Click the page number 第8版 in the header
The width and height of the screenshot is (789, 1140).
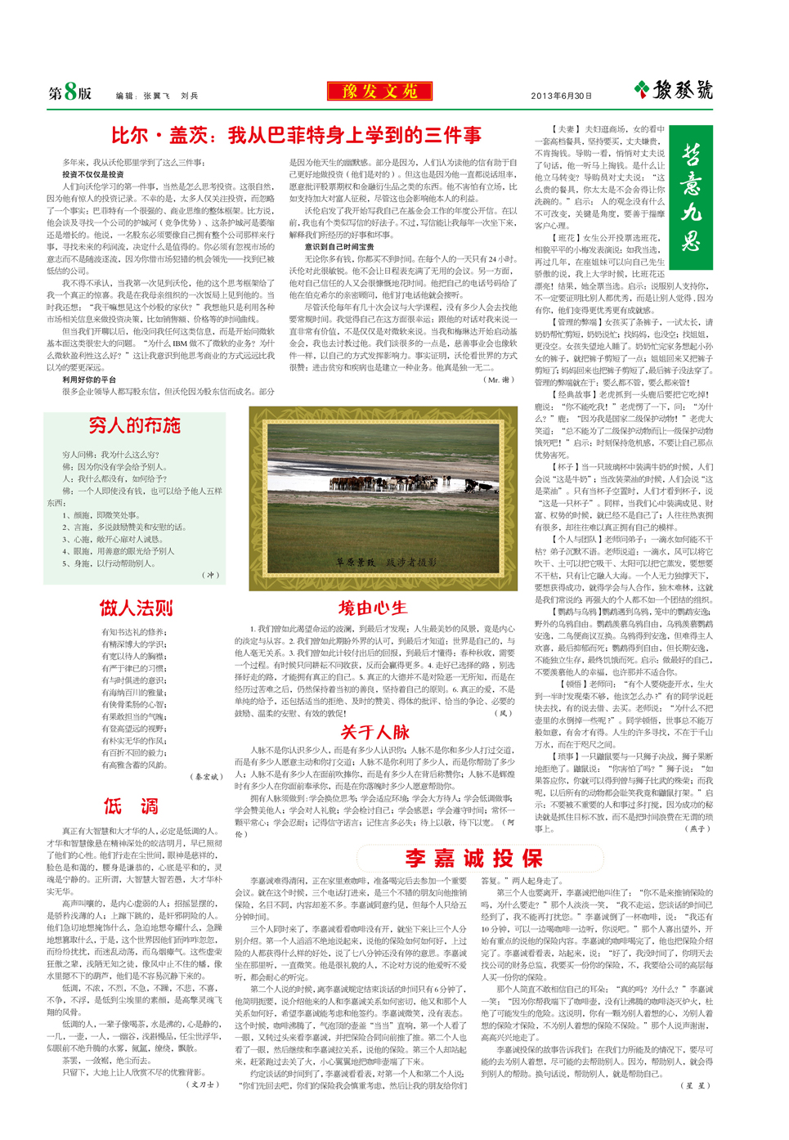point(69,92)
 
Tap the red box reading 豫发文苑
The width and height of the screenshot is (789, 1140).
point(379,91)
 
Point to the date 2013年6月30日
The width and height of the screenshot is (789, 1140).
point(561,96)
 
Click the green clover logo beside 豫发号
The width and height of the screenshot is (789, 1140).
point(642,89)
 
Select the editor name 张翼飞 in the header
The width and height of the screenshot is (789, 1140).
point(156,96)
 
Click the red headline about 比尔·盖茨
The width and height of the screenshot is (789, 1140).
point(296,135)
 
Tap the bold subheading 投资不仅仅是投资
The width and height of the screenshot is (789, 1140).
point(93,174)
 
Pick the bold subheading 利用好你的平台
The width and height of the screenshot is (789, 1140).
point(89,379)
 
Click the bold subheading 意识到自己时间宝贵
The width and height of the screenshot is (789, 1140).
point(339,246)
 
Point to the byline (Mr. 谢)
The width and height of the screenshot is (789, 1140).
point(499,379)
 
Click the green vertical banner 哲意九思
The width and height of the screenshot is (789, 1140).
point(690,197)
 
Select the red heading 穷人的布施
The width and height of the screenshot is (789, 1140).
point(134,425)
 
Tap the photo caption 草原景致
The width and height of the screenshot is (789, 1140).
point(356,562)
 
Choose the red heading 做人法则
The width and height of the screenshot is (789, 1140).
point(136,608)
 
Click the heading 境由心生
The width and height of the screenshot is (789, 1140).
point(373,608)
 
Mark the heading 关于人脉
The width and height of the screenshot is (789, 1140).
point(374,732)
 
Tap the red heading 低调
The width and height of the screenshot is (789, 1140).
point(131,806)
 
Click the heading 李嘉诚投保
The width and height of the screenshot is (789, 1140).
point(474,858)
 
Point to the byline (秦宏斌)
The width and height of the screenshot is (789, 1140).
point(206,777)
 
